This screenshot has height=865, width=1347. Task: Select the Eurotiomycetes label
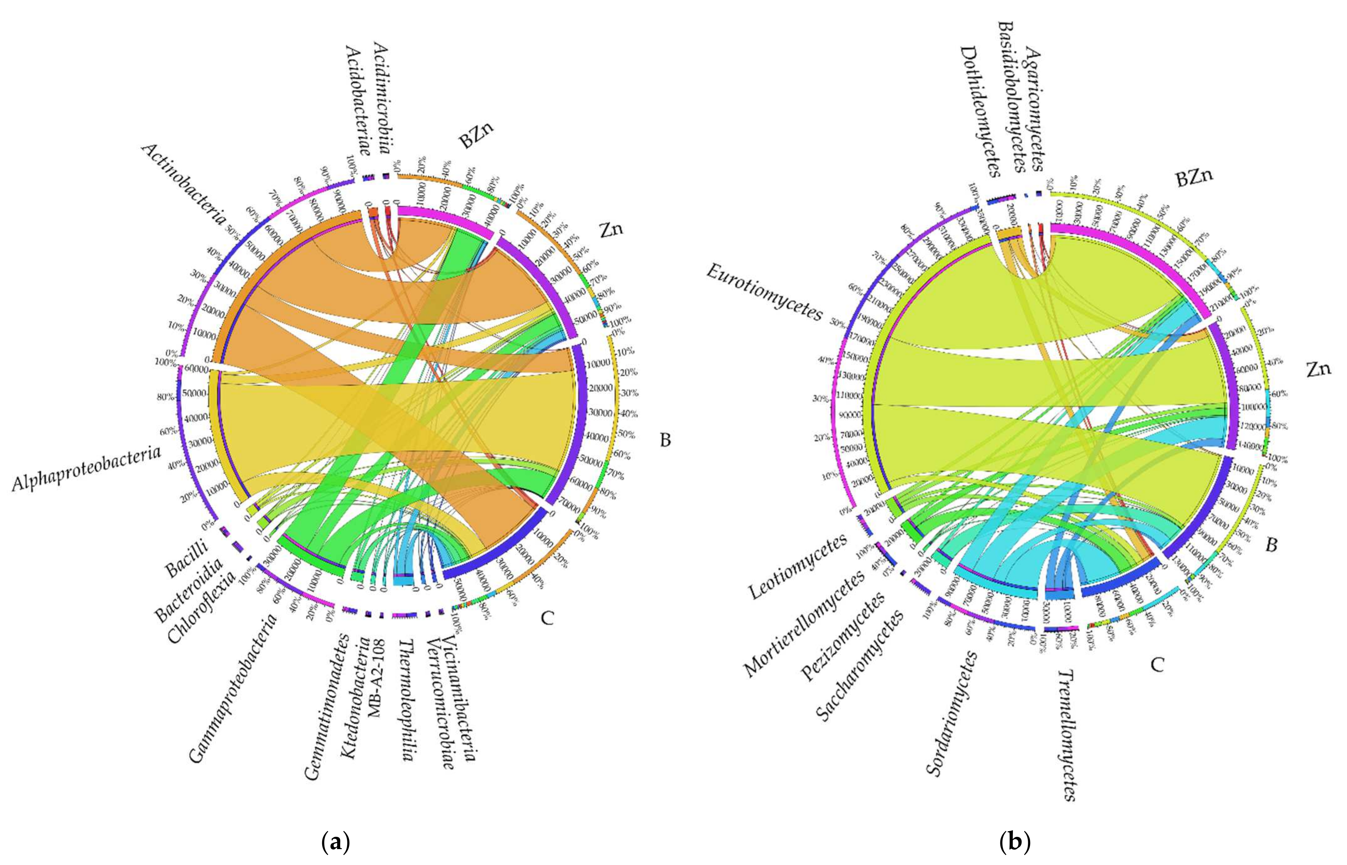(x=763, y=292)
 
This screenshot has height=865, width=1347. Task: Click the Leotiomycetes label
(x=797, y=567)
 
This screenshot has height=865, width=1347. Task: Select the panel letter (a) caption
(x=337, y=842)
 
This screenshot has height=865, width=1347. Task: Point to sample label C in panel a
(x=547, y=618)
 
